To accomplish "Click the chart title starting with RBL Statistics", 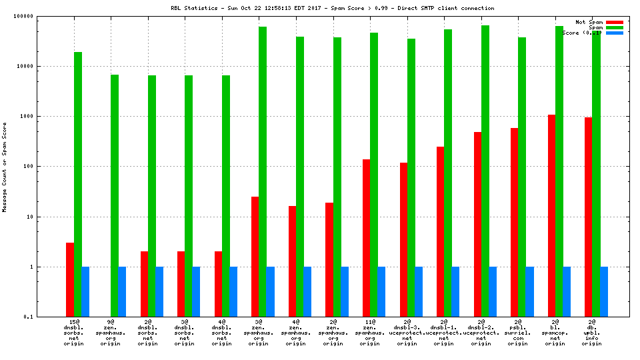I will [x=332, y=8].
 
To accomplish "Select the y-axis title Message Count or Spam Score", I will [x=5, y=167].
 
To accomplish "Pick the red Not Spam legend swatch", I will [x=615, y=22].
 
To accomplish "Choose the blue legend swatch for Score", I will [x=615, y=33].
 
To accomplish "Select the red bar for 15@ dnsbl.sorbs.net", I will [x=70, y=279].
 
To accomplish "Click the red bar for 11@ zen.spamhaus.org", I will [x=366, y=238].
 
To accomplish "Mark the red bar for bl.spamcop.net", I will [x=551, y=215].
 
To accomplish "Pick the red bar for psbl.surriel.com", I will [x=514, y=222].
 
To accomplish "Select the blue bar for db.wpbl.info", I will [x=604, y=291].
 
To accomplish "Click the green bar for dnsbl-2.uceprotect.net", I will [x=485, y=171].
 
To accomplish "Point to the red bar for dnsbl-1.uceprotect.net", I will [x=440, y=231].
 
